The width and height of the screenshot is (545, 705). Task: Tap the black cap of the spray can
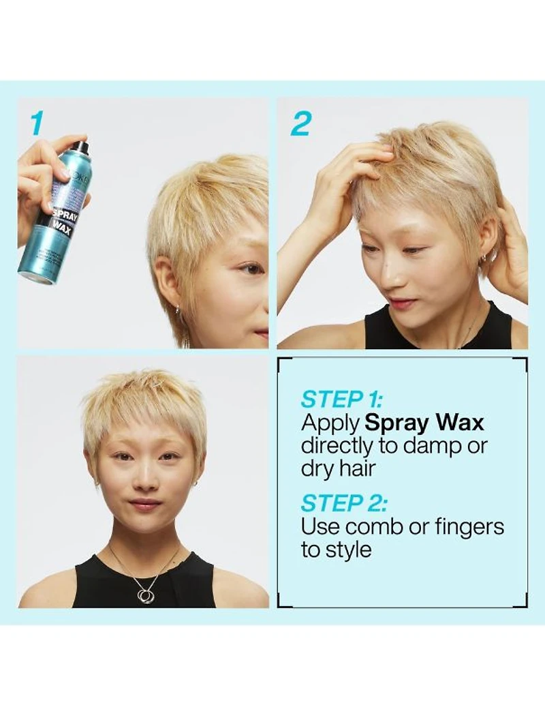coord(81,147)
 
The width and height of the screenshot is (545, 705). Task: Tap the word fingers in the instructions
coord(465,526)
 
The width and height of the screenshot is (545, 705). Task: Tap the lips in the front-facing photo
coord(145,505)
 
